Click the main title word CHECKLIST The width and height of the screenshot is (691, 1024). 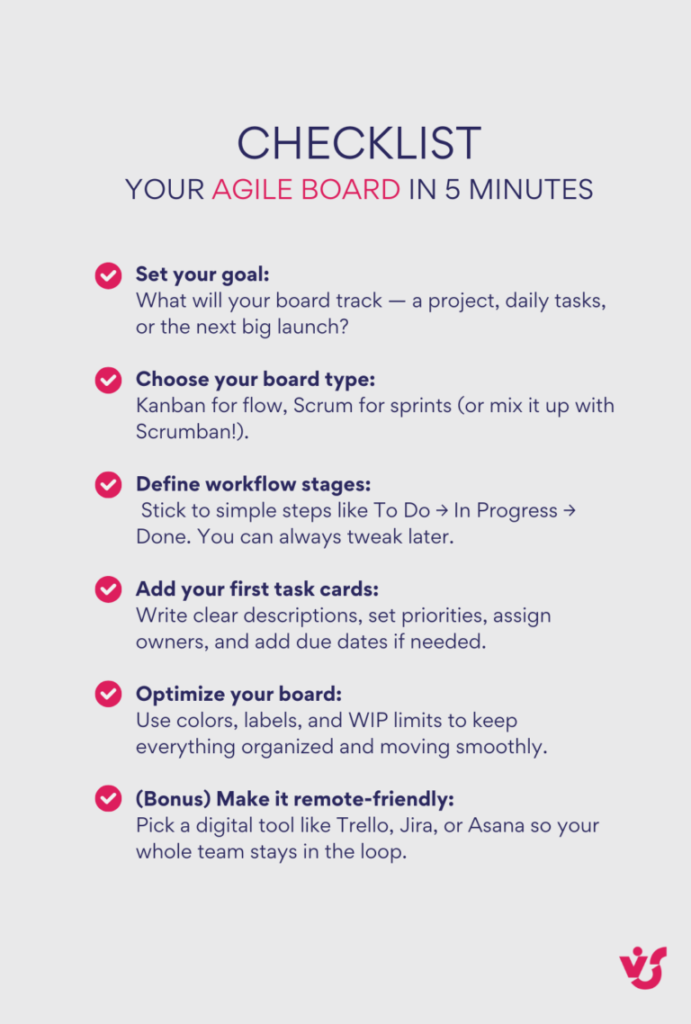pyautogui.click(x=359, y=144)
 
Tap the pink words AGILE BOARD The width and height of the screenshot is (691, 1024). pyautogui.click(x=306, y=190)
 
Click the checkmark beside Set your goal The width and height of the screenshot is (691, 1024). pyautogui.click(x=108, y=274)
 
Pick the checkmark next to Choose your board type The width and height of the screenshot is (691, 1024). pyautogui.click(x=108, y=380)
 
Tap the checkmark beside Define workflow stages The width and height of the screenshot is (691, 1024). pyautogui.click(x=108, y=485)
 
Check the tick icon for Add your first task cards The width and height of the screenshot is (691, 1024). pyautogui.click(x=108, y=589)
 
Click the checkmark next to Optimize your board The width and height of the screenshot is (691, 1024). pyautogui.click(x=108, y=695)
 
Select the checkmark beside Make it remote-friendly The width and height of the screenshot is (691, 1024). pyautogui.click(x=108, y=799)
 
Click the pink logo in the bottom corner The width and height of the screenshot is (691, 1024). pyautogui.click(x=642, y=967)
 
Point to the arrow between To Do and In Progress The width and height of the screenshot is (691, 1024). pyautogui.click(x=442, y=511)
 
